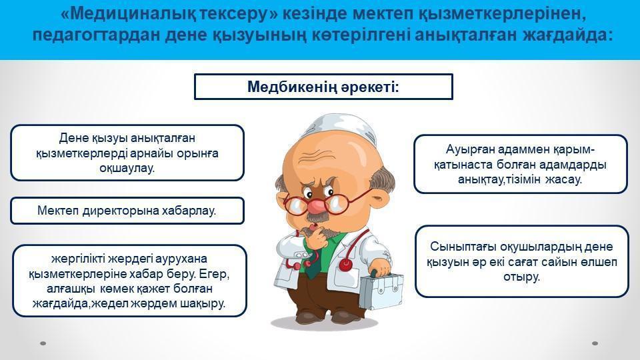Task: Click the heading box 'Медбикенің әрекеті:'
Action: (323, 87)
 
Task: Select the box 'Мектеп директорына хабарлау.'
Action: (127, 211)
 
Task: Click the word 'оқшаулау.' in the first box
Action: (127, 168)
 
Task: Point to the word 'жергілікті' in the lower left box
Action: (79, 259)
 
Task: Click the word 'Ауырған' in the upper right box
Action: (469, 149)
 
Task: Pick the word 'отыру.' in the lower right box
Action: (521, 277)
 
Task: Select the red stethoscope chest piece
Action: (345, 265)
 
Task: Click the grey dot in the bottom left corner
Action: (43, 343)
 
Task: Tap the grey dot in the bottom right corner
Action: (595, 343)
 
